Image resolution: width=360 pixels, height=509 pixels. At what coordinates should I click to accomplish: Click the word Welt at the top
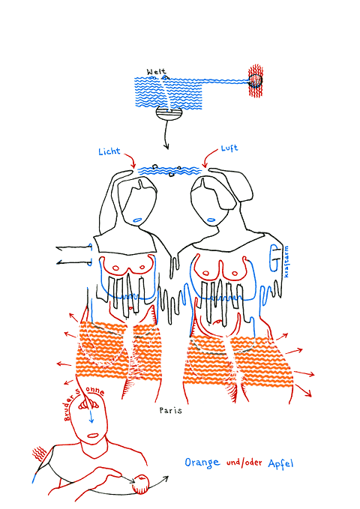point(156,71)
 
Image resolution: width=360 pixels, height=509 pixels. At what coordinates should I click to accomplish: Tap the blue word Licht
point(109,151)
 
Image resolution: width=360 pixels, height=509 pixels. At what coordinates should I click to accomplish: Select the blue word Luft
point(229,148)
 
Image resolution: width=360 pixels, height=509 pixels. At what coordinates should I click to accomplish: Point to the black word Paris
point(170,410)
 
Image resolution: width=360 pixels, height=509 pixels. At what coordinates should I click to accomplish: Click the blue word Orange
point(202,463)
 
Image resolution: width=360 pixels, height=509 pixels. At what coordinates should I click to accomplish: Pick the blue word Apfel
point(280,463)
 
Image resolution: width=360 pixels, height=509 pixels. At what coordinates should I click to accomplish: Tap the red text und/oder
point(244,463)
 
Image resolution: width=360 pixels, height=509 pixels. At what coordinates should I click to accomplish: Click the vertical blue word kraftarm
point(286,262)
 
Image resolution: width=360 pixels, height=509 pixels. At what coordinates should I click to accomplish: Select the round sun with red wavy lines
point(256,80)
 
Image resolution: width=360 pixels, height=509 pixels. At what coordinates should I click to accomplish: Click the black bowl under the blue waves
point(169,114)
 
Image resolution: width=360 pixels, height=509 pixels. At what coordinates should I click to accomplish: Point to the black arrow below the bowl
point(166,135)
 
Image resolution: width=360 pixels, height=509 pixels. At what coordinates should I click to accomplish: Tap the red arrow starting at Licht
point(129,160)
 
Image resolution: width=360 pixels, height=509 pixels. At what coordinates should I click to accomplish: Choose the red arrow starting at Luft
point(209,158)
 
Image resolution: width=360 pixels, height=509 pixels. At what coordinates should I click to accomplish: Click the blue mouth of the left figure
point(137,220)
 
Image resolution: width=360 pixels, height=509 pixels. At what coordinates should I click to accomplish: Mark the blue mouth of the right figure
point(211,220)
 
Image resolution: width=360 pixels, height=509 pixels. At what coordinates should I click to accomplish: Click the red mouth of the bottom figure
point(93,436)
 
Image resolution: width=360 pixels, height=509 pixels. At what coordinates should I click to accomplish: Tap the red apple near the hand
point(141,484)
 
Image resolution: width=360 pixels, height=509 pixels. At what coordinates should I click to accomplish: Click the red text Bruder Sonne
point(84,401)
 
